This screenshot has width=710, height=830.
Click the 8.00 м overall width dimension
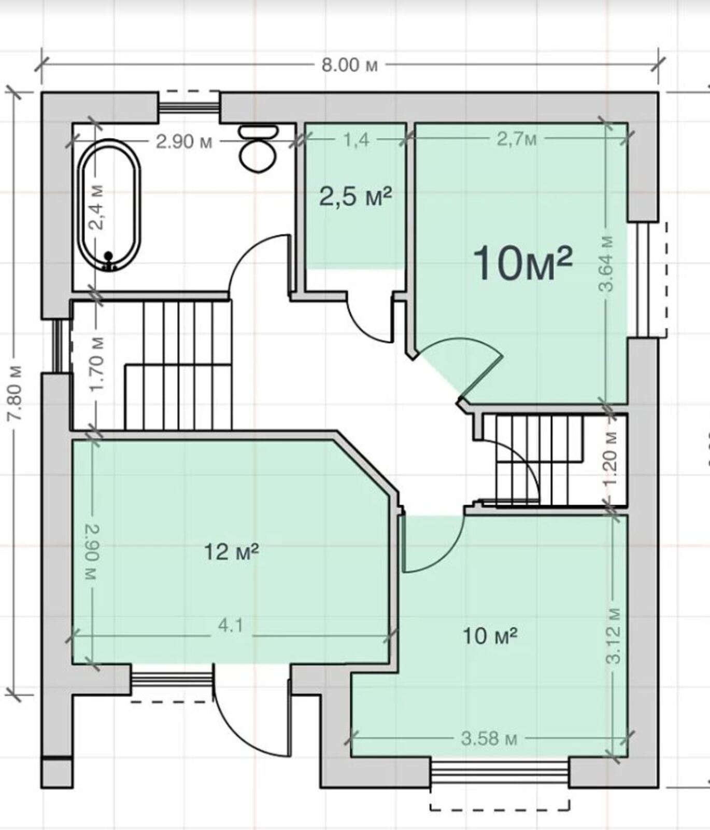click(349, 65)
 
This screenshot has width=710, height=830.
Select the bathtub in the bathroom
click(109, 205)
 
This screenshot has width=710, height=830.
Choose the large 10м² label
click(522, 263)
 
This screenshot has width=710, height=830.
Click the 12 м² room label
click(231, 551)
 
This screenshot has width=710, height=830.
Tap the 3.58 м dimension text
click(489, 738)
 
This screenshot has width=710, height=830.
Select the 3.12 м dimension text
click(614, 635)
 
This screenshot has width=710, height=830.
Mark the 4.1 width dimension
click(231, 626)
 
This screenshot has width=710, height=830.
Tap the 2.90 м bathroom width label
click(184, 141)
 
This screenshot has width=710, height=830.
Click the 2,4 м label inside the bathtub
click(96, 208)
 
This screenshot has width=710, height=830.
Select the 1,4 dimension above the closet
click(356, 140)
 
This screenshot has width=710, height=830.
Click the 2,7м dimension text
click(517, 139)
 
